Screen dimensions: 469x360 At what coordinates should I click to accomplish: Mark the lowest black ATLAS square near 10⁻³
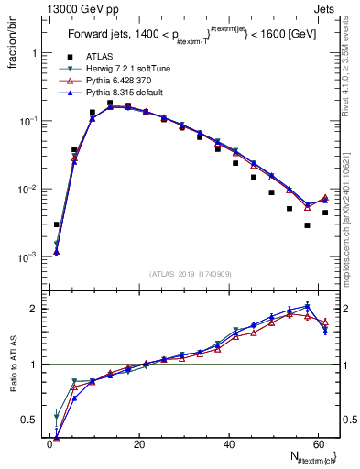(x=57, y=224)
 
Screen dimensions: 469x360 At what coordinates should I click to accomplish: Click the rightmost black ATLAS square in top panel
(x=325, y=213)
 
